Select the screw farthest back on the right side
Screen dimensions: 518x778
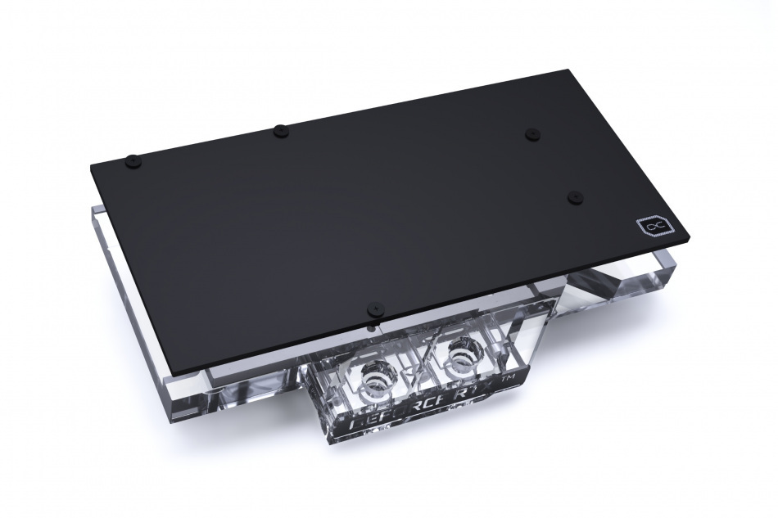pos(531,133)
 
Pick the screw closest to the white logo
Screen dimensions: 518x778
pos(575,196)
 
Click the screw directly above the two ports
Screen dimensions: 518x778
pos(374,309)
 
